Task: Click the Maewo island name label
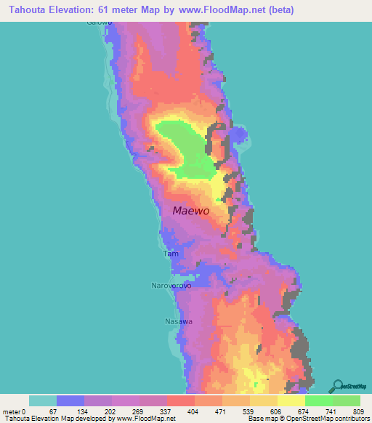(191, 211)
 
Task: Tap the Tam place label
(171, 254)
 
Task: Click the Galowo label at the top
(101, 23)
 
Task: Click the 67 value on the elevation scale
(70, 411)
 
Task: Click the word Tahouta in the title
(28, 9)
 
